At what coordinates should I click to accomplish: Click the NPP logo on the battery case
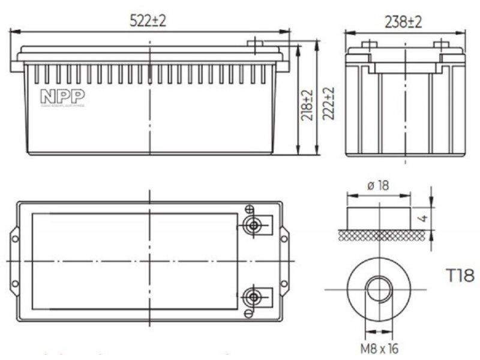point(62,97)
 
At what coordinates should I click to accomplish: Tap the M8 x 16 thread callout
point(379,347)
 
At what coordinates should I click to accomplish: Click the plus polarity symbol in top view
point(248,209)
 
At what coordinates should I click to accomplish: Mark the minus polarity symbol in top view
point(248,313)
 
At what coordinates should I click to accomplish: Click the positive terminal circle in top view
point(253,226)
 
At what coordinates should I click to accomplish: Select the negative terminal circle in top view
point(253,297)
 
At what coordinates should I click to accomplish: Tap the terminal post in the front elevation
point(255,44)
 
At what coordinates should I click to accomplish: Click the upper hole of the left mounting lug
point(15,239)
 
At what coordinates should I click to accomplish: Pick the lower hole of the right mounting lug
point(284,283)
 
